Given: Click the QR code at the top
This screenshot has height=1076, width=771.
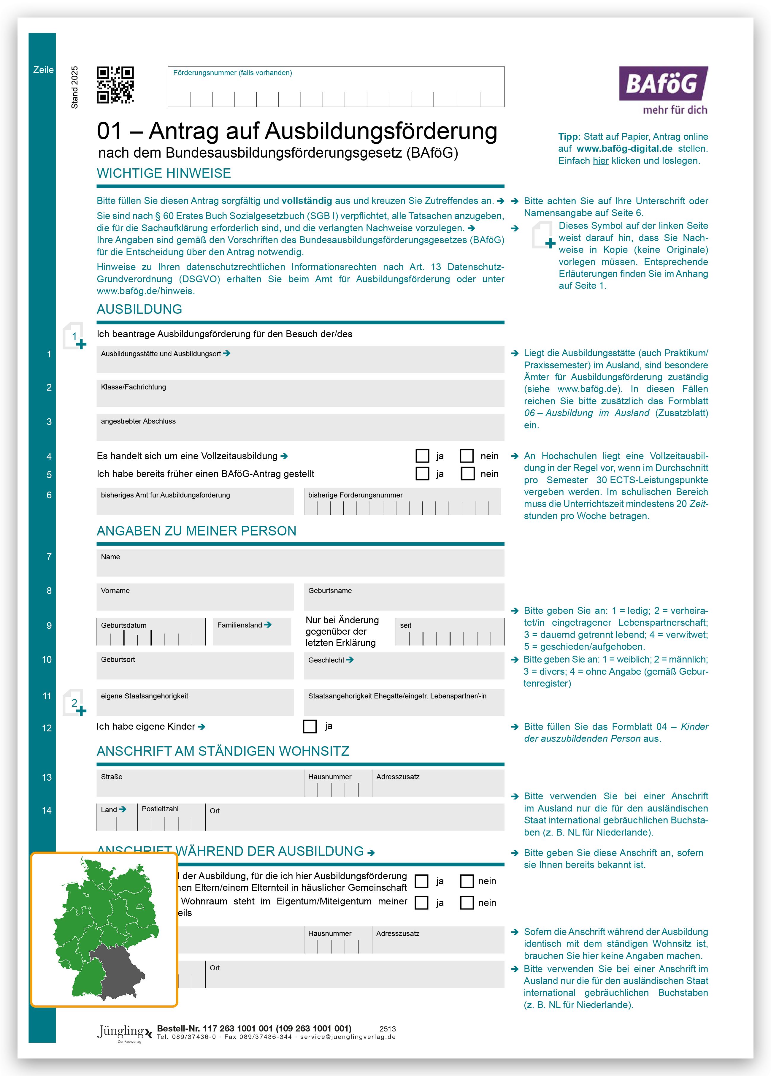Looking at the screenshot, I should tap(115, 85).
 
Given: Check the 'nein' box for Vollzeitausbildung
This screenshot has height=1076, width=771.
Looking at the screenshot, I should tap(467, 456).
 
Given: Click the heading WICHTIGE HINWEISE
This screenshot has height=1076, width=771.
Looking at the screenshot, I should tap(164, 174).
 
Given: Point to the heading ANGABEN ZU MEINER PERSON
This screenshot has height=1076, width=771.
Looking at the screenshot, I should tap(196, 531).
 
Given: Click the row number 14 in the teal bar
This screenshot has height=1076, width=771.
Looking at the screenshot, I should tap(47, 810).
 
